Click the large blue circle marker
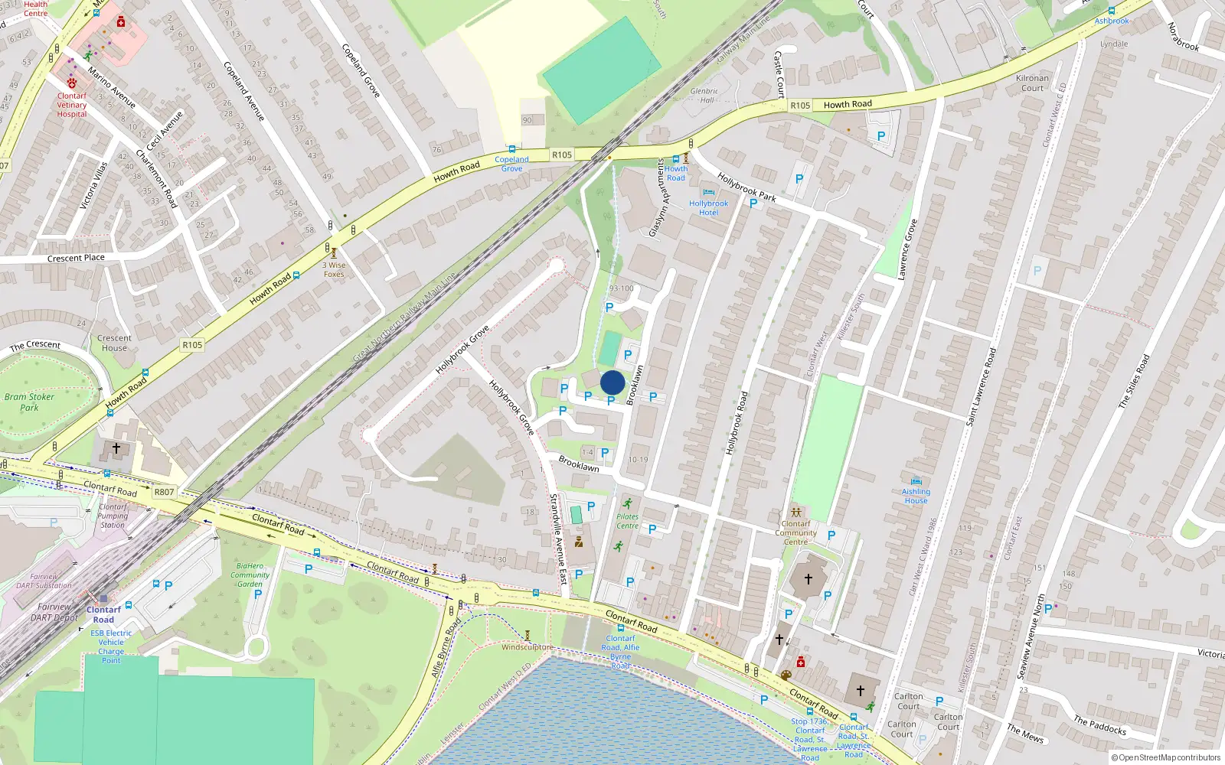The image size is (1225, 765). point(612,382)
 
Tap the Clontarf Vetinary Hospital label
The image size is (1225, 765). point(72,106)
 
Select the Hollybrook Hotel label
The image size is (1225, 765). point(708,208)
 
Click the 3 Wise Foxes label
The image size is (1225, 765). point(334,269)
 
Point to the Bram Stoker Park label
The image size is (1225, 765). point(29,402)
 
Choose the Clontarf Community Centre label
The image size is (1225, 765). point(795,532)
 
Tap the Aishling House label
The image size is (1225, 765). point(916,496)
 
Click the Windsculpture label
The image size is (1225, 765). point(527,647)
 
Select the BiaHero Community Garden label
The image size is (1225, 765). point(250,575)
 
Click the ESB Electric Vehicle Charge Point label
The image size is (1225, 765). point(111,646)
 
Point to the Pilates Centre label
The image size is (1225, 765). point(627,521)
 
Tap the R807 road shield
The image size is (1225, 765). point(164,492)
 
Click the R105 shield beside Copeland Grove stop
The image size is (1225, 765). point(562,155)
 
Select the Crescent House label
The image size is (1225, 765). point(114,343)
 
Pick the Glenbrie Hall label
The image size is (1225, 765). point(704,96)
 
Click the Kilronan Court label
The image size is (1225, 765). point(1032,83)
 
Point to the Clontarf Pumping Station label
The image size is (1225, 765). point(113,516)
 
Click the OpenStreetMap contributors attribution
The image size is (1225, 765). point(1166,757)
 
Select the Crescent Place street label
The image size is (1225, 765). point(76,258)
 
